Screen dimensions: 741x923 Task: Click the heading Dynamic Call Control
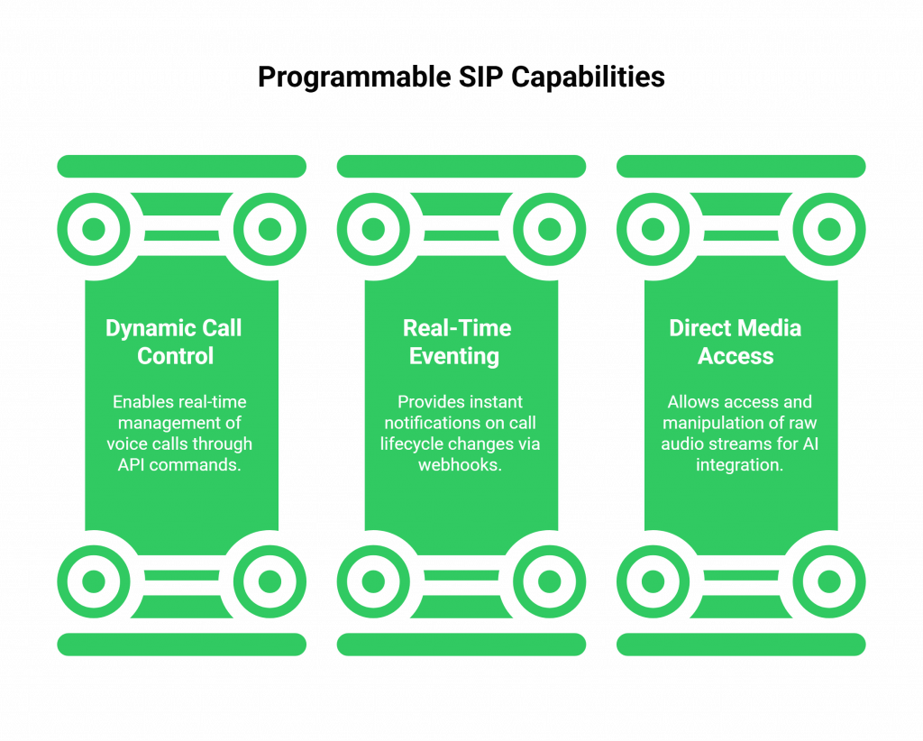click(x=174, y=342)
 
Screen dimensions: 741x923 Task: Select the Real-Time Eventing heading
click(x=456, y=342)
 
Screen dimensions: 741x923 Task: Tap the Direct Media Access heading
click(x=735, y=342)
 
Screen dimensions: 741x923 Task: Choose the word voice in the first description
click(x=127, y=444)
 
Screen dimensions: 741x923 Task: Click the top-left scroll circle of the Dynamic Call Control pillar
click(x=93, y=229)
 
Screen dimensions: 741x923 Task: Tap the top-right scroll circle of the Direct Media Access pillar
click(x=829, y=229)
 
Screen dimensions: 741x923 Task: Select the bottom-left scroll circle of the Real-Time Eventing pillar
click(x=373, y=581)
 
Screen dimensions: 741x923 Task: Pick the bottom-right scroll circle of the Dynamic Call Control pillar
click(x=270, y=581)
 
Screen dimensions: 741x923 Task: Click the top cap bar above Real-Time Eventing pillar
click(x=461, y=166)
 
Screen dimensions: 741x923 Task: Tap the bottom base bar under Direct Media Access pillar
click(x=741, y=644)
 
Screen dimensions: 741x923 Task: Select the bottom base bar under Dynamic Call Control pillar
click(x=181, y=644)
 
